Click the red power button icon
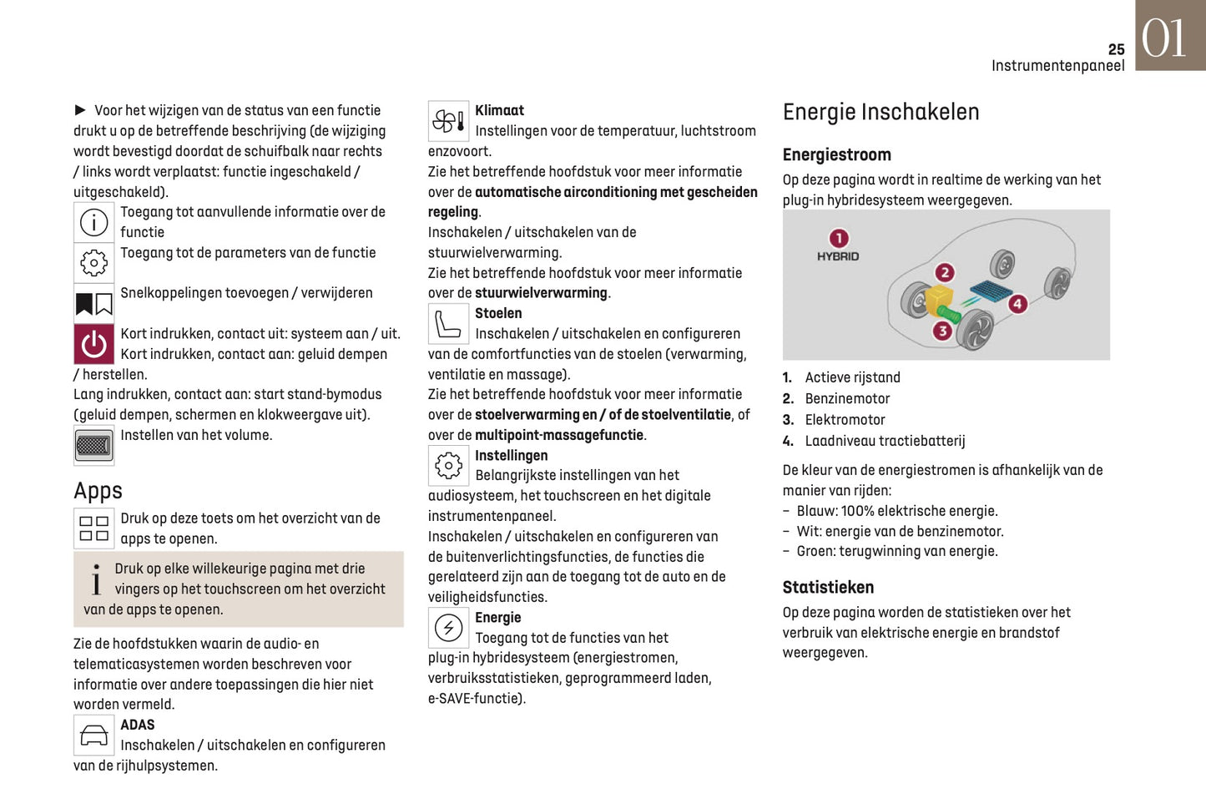(93, 344)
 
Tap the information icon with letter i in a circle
(93, 222)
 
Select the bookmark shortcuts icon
(93, 304)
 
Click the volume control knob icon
(93, 445)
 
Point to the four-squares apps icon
(93, 528)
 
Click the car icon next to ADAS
(93, 736)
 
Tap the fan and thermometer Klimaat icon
(448, 122)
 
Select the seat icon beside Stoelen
(448, 324)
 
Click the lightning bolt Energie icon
(448, 628)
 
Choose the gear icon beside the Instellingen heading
(448, 466)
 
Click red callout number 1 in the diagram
(838, 238)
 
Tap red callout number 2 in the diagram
(944, 272)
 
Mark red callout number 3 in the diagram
(942, 331)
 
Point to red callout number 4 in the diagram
(1017, 304)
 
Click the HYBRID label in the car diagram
(838, 257)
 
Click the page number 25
(1116, 50)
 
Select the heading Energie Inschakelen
(881, 112)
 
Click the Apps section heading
(98, 491)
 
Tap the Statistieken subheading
(828, 588)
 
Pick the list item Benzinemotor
(847, 399)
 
